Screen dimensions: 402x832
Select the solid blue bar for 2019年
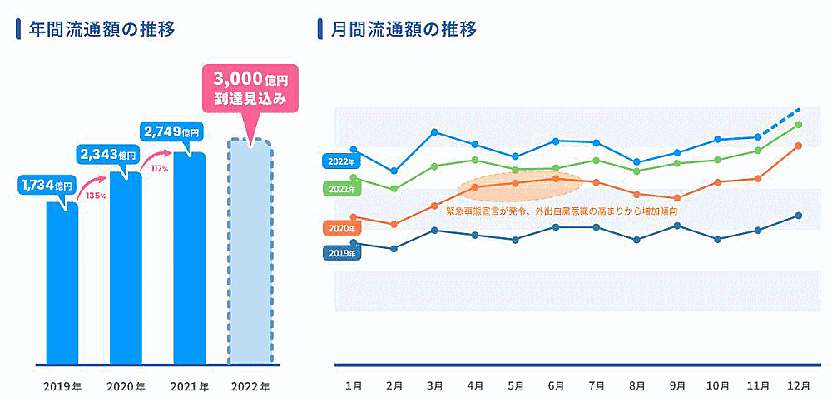point(62,283)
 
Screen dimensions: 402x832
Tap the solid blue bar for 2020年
point(126,266)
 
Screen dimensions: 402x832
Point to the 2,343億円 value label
point(108,155)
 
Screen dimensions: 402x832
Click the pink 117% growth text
point(159,167)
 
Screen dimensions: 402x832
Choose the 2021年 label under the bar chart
point(189,387)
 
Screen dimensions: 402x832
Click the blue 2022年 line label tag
point(341,161)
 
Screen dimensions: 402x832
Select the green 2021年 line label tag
point(341,190)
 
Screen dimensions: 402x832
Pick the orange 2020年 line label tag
point(341,228)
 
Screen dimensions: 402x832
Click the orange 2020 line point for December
point(798,146)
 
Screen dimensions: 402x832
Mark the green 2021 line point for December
point(798,125)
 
